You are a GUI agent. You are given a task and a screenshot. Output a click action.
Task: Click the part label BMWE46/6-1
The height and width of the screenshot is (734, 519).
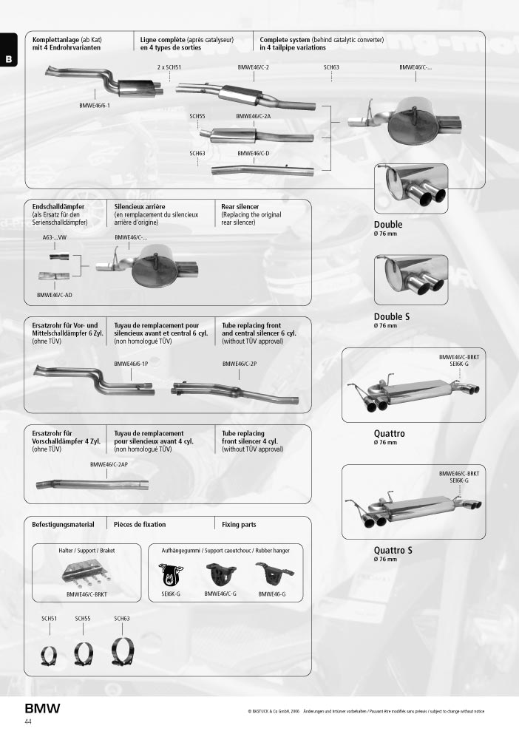[95, 106]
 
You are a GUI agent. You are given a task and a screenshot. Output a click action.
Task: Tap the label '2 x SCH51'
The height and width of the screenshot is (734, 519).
[169, 67]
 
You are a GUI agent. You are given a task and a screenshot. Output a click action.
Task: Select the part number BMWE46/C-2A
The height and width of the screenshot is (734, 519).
[254, 116]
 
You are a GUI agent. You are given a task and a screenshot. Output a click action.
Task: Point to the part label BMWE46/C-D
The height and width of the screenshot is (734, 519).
[254, 154]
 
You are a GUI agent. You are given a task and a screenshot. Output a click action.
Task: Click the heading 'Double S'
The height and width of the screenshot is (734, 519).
[392, 317]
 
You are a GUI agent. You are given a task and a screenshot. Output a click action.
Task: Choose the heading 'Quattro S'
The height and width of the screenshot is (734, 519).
[393, 551]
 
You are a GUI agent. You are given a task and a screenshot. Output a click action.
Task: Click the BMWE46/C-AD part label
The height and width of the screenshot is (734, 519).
[54, 296]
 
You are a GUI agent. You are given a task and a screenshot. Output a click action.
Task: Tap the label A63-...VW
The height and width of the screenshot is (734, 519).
[54, 238]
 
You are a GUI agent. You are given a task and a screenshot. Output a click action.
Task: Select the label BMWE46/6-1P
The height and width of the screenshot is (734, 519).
[131, 364]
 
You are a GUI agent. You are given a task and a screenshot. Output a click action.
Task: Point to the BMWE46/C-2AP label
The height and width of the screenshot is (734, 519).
[109, 465]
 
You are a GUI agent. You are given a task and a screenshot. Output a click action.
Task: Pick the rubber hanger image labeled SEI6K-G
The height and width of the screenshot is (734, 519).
[171, 574]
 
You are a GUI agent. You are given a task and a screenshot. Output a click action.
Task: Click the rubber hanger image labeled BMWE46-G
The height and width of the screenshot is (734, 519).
[274, 574]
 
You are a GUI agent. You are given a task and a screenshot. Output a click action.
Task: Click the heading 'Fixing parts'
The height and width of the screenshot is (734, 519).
[239, 525]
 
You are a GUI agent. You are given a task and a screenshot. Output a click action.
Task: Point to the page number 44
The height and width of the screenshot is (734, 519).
[28, 722]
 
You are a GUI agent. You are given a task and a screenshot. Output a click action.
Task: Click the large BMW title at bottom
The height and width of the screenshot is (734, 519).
[43, 708]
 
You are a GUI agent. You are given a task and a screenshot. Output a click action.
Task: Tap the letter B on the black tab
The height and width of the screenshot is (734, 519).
[9, 59]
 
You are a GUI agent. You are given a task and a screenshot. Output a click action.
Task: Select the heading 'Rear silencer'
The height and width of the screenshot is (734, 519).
[240, 206]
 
